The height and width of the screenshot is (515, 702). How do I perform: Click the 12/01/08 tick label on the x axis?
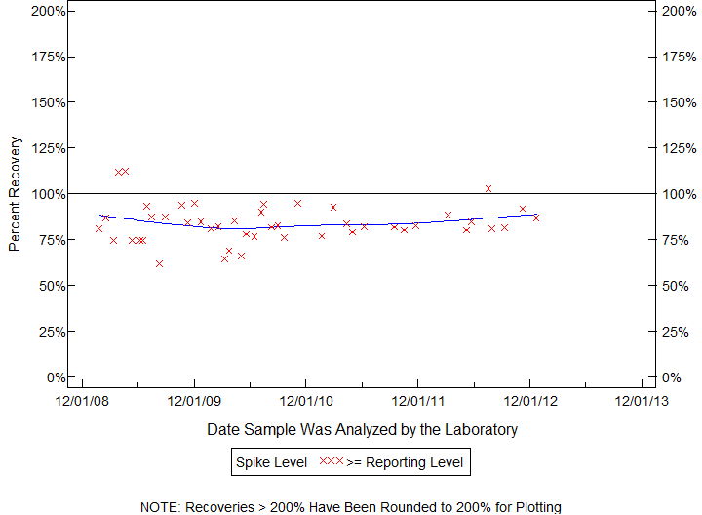point(82,400)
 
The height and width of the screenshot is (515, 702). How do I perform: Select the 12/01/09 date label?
point(194,400)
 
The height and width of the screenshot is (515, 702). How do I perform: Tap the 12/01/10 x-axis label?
point(306,400)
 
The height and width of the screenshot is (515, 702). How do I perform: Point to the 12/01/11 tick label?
point(417,400)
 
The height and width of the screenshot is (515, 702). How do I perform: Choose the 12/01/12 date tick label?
point(529,400)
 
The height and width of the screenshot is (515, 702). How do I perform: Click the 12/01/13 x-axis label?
point(642,400)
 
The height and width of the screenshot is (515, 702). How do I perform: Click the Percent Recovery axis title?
point(15,194)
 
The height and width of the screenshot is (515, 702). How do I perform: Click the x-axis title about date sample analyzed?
point(362,429)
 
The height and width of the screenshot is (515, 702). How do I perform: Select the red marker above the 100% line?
point(488,188)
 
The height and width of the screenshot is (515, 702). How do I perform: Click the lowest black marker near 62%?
point(159,263)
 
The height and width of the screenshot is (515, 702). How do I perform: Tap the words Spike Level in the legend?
point(271,462)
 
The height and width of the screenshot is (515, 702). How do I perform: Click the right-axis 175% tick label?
point(676,57)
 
